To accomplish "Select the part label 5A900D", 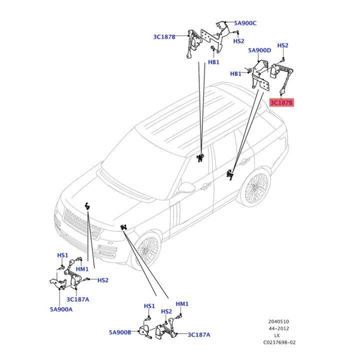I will click(259, 50).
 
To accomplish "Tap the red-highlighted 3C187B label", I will click(281, 103).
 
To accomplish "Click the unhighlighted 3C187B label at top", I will click(164, 36).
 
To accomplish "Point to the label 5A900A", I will click(61, 309).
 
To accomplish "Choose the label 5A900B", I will click(120, 331).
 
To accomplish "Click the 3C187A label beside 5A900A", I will click(77, 299).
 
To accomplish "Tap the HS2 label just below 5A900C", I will click(238, 41).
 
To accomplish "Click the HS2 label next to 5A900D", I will click(282, 45).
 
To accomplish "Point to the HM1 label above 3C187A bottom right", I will click(182, 304).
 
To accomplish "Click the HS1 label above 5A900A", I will click(62, 255).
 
